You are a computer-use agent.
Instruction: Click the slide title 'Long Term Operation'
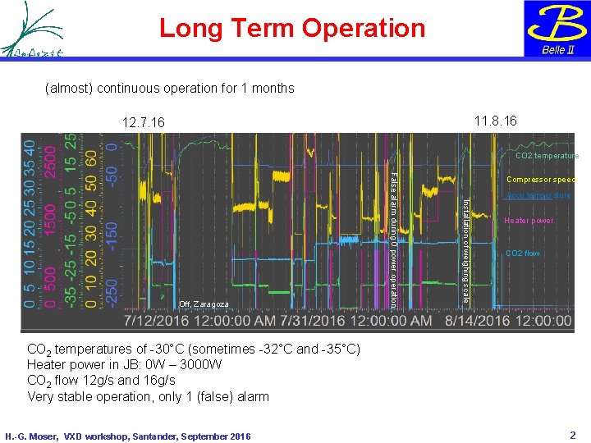point(292,28)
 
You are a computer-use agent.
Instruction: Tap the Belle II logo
point(557,29)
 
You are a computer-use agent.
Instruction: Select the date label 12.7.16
point(143,122)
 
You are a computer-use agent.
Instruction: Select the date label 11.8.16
point(496,121)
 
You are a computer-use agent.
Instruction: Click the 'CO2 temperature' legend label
point(547,156)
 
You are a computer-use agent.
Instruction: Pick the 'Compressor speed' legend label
point(540,180)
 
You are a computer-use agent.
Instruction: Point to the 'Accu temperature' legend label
point(538,196)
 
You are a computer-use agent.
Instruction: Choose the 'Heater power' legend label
point(529,221)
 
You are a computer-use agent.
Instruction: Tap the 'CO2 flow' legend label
point(523,253)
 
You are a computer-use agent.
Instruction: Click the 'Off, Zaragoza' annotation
point(204,304)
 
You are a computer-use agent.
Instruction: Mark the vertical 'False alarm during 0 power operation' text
point(394,239)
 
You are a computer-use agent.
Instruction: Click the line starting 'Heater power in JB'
point(124,364)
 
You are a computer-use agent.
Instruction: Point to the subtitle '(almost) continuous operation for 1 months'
point(169,89)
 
